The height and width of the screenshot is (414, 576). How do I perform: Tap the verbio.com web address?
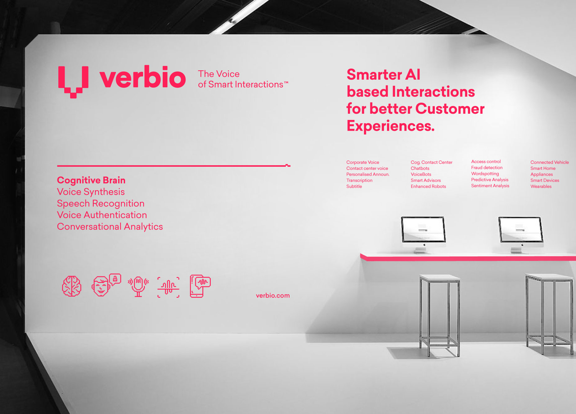coord(273,296)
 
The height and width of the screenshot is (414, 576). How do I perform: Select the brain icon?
coord(72,286)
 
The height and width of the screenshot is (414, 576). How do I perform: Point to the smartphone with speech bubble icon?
coord(200,286)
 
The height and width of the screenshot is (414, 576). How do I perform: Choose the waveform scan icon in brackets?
coord(169,287)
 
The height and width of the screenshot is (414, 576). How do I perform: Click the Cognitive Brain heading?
coord(91,180)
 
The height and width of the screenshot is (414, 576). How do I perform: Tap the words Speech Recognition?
coord(101,204)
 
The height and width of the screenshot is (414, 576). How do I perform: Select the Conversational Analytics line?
coord(110,227)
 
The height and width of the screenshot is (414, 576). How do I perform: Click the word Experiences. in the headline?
coord(391,126)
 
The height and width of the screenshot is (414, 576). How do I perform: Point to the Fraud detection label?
coord(487,168)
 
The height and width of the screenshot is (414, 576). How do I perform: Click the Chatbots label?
coord(420,169)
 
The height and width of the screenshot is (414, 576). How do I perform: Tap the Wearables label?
coord(541,187)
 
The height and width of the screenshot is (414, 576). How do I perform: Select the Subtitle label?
coord(354,187)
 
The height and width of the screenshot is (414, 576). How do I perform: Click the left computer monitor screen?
coord(423,230)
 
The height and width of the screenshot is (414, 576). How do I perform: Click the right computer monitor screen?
coord(521,230)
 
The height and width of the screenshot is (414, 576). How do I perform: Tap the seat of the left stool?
coord(439,278)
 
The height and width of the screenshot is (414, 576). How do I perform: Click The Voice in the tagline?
coord(219,74)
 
